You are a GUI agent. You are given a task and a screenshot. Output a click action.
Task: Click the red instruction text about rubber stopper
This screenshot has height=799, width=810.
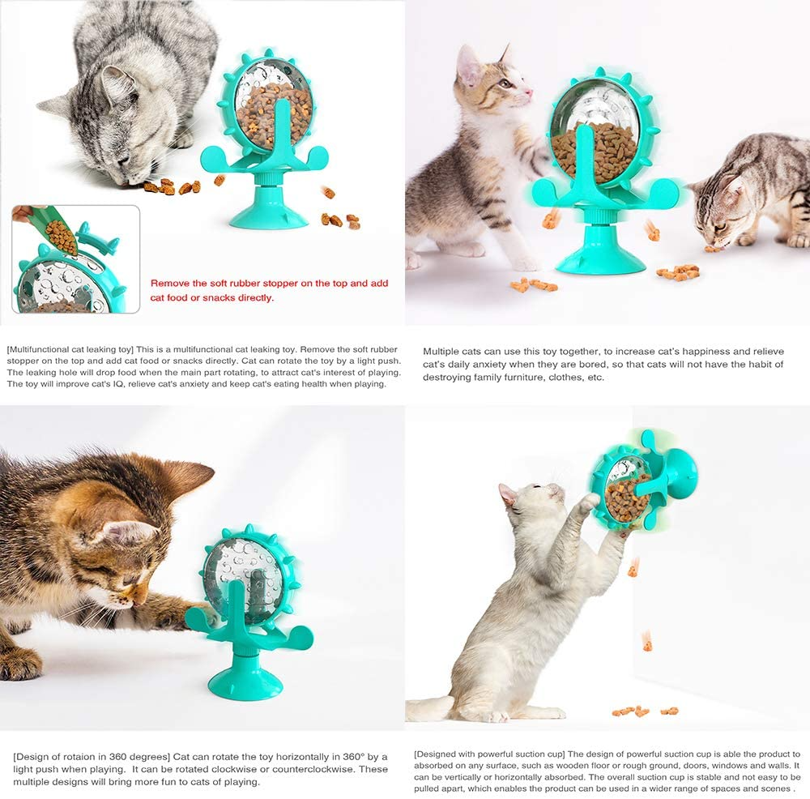pos(269,290)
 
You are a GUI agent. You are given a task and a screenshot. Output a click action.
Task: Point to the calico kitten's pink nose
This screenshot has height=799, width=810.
pos(530,92)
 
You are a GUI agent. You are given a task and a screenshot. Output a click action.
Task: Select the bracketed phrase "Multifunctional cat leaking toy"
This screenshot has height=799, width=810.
pos(70,349)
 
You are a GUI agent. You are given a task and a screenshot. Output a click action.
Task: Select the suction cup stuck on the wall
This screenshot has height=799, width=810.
pos(682,473)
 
